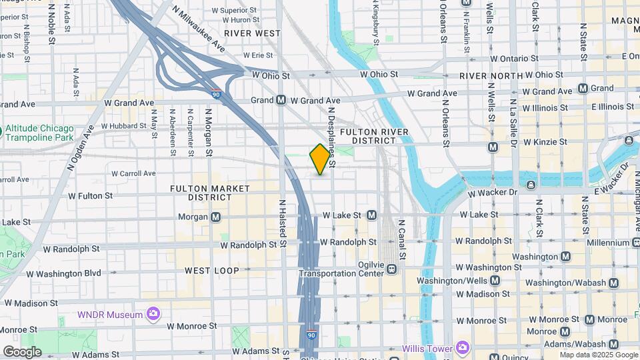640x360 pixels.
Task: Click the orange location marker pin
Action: (320, 159)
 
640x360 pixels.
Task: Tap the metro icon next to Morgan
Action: (216, 217)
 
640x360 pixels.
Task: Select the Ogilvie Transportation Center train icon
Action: (391, 269)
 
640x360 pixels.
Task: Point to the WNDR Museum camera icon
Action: (153, 313)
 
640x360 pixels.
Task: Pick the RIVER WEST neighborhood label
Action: (251, 33)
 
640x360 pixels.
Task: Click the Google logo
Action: (22, 351)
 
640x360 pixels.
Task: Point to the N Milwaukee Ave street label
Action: (198, 31)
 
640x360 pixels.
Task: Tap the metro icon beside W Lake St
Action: (371, 215)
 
